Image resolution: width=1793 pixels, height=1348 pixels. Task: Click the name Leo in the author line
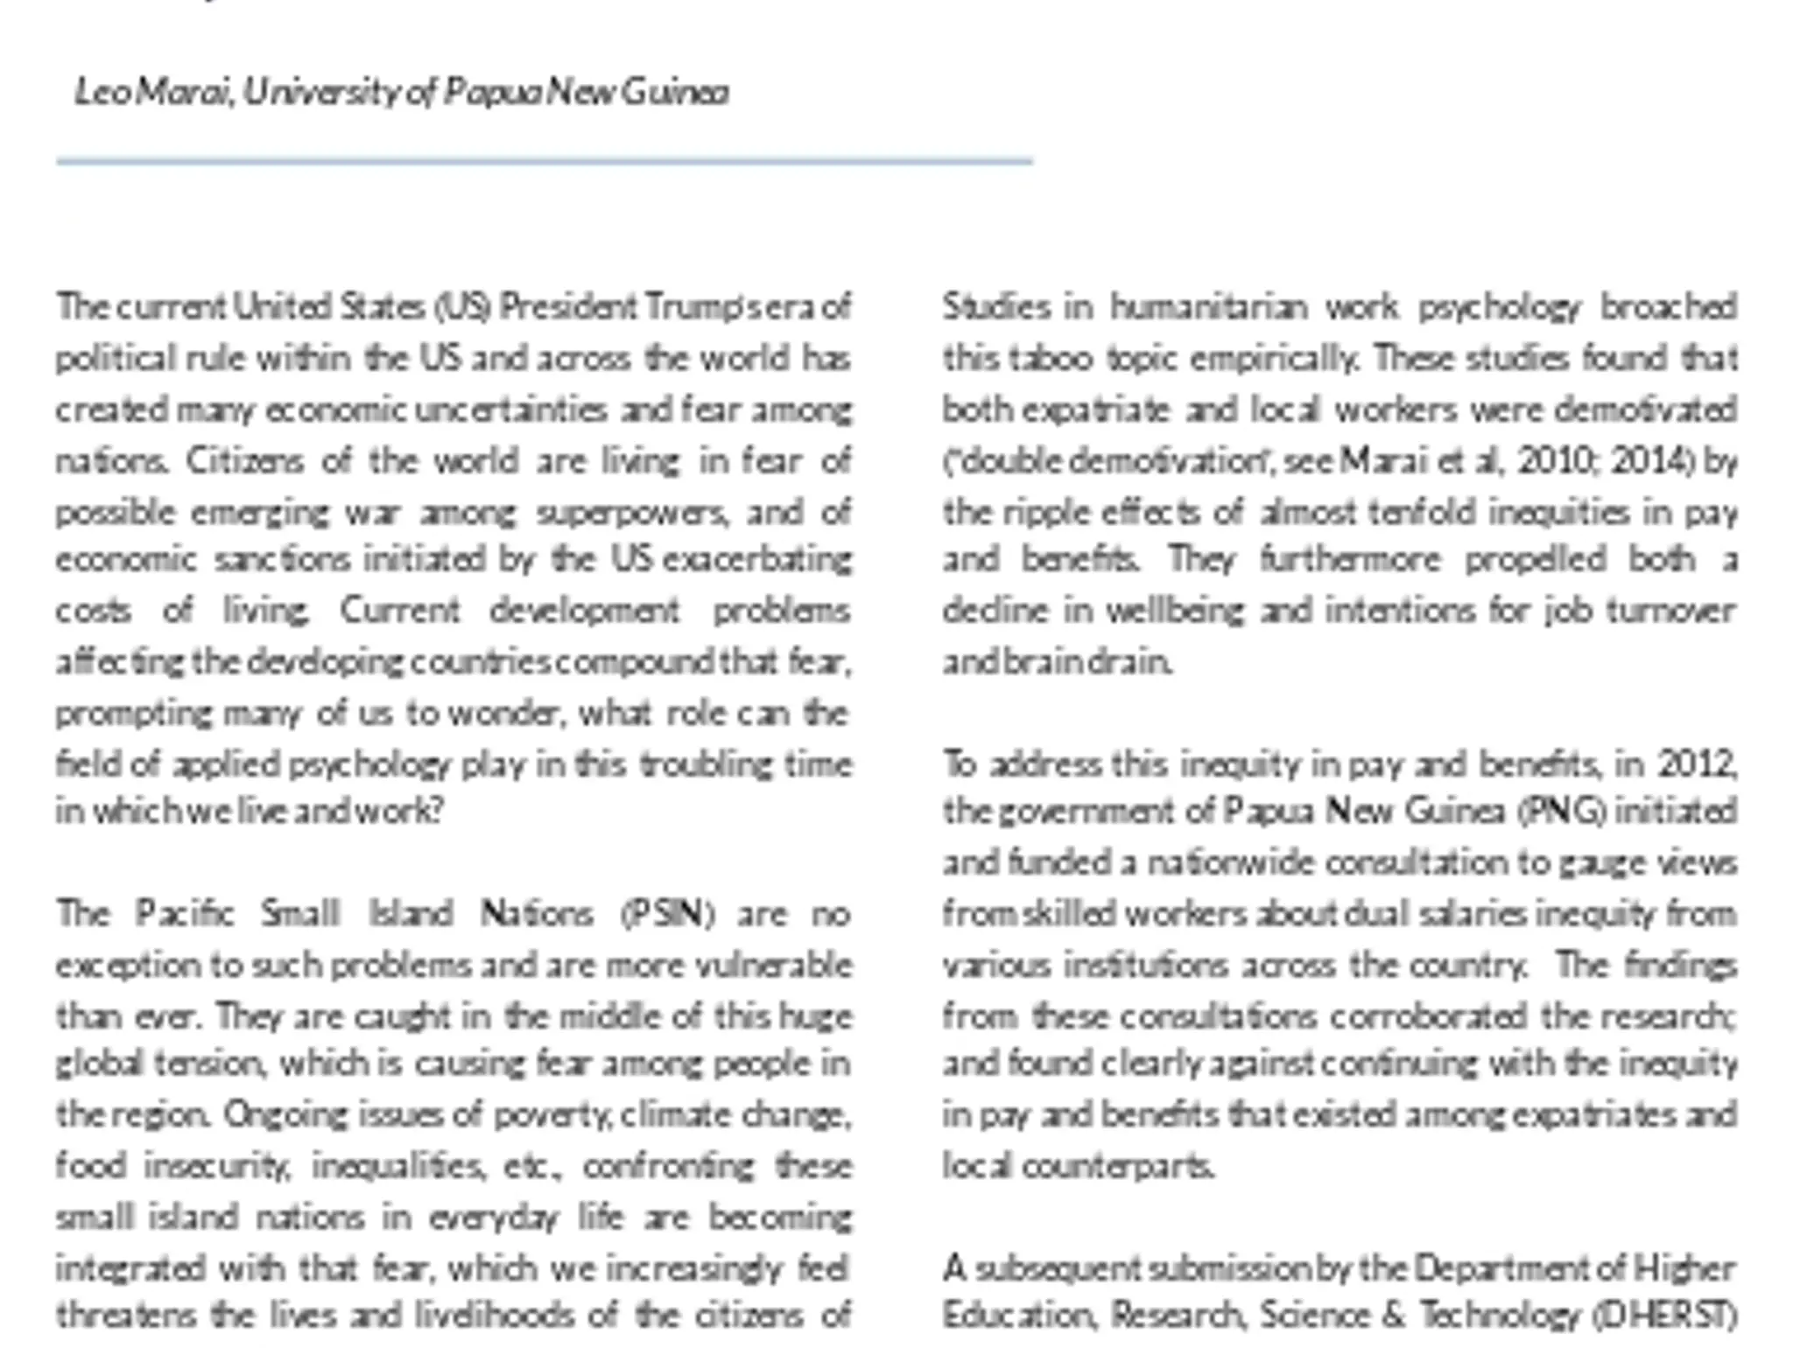(x=102, y=92)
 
